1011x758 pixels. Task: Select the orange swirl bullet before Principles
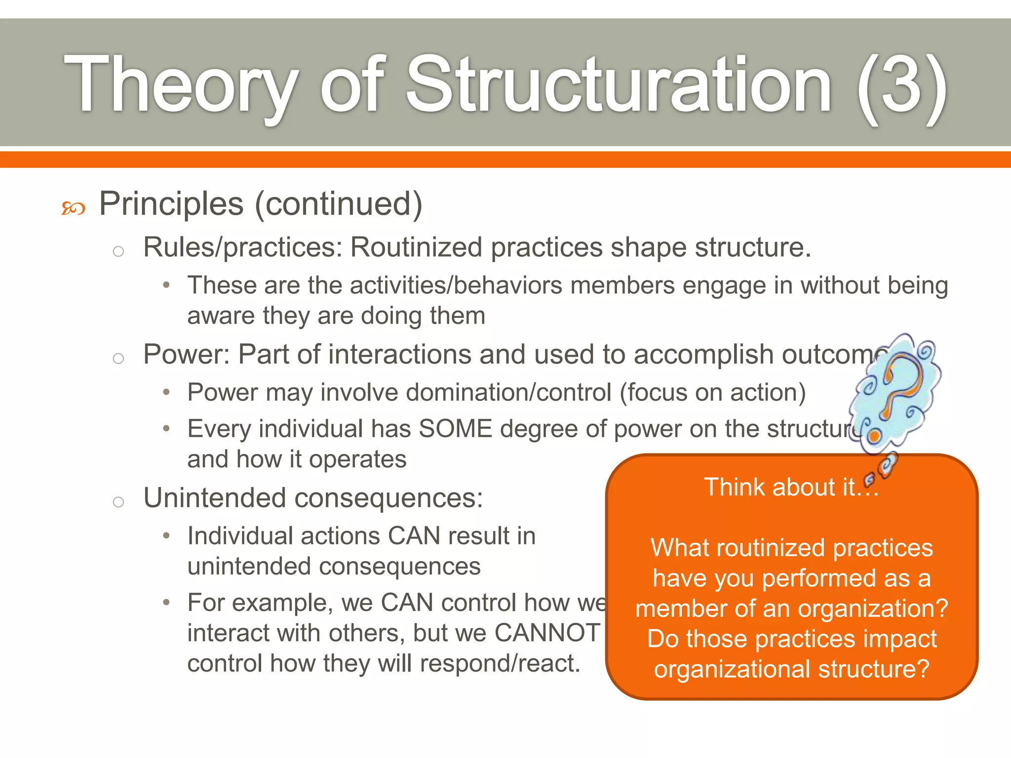73,209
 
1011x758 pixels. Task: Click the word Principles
171,204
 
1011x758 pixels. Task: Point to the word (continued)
339,204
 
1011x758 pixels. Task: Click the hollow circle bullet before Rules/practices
118,252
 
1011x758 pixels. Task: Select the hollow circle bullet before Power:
118,358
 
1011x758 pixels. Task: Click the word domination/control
508,393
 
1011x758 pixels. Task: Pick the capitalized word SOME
455,428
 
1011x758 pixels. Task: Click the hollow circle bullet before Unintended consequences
118,502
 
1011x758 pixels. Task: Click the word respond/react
500,663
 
